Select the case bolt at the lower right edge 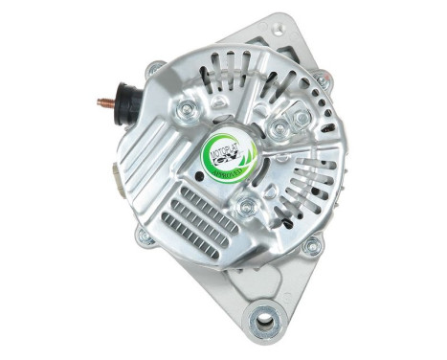click(311, 244)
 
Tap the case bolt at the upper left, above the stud click(153, 70)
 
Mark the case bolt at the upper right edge click(322, 83)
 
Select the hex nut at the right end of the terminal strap click(301, 120)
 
